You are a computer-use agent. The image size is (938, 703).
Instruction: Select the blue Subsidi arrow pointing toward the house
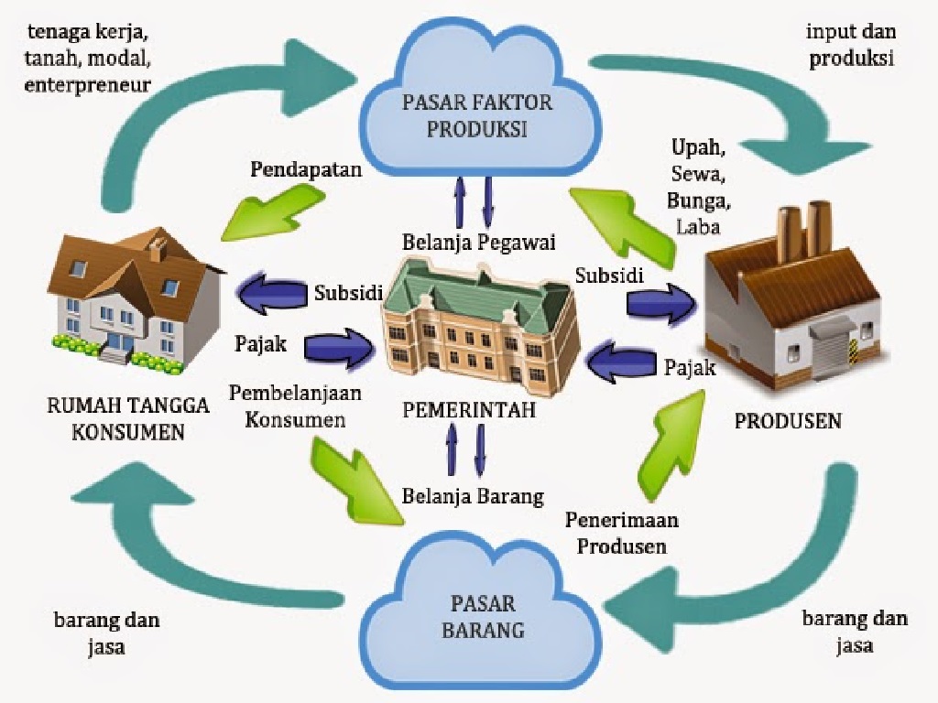tap(272, 293)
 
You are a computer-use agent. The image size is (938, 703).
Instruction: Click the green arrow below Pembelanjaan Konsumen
tap(357, 481)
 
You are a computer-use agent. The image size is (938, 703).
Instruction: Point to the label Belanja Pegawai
tap(479, 243)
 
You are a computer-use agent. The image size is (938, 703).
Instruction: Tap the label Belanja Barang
tap(473, 497)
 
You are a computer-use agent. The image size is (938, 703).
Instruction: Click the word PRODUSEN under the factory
tap(788, 422)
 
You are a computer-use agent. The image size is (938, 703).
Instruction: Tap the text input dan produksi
tap(850, 44)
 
